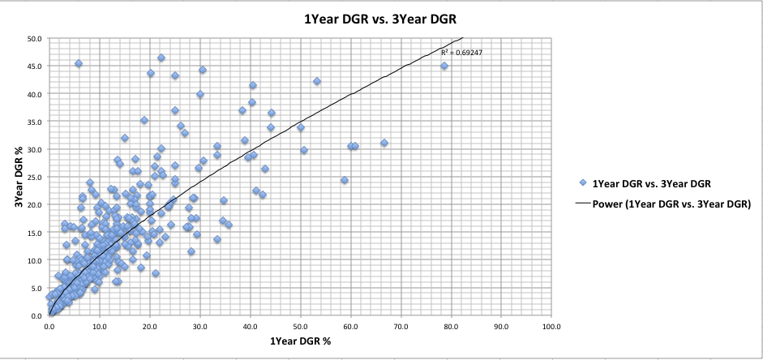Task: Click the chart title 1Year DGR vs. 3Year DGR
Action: click(380, 20)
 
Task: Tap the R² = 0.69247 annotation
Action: click(462, 53)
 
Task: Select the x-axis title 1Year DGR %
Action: click(300, 341)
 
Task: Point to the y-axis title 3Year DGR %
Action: click(19, 177)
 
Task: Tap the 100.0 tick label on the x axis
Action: click(551, 327)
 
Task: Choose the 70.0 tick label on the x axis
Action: click(401, 327)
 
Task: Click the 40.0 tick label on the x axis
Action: click(250, 327)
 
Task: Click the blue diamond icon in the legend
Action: click(583, 183)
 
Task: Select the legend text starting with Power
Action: click(671, 204)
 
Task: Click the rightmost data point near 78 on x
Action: click(444, 66)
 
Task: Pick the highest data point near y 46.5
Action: click(161, 58)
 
